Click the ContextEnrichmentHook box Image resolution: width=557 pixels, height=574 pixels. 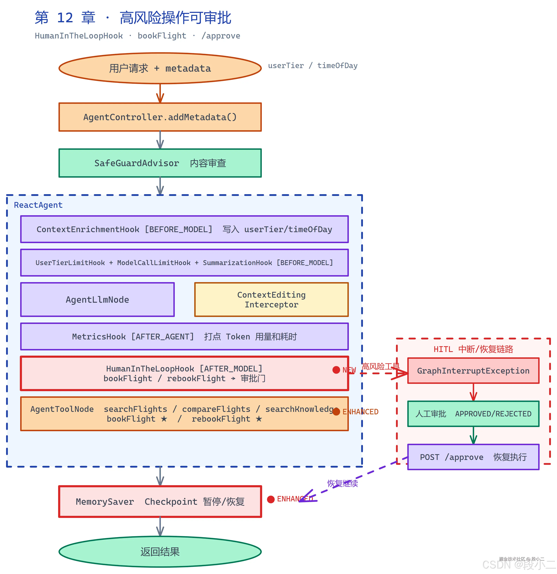coord(184,229)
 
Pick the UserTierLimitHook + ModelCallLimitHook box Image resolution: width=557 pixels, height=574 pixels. coord(184,263)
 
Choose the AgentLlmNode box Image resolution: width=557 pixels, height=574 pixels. coord(97,300)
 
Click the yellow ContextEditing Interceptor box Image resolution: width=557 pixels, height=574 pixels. coord(271,300)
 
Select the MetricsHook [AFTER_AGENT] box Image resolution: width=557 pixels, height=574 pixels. coord(184,336)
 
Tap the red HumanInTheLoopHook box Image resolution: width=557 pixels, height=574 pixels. coord(184,373)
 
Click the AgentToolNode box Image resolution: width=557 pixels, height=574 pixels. coord(184,414)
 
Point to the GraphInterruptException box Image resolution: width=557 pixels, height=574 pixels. coord(473,371)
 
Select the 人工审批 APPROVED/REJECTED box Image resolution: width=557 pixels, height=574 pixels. coord(473,414)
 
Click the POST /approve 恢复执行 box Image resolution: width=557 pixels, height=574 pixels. coord(473,457)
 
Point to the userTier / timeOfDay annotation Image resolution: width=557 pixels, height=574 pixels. coord(313,66)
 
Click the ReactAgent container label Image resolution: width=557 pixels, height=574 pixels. coord(38,205)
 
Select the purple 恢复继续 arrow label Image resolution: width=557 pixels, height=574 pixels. coord(342,483)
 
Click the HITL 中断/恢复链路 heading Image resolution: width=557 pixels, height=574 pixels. coord(473,349)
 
